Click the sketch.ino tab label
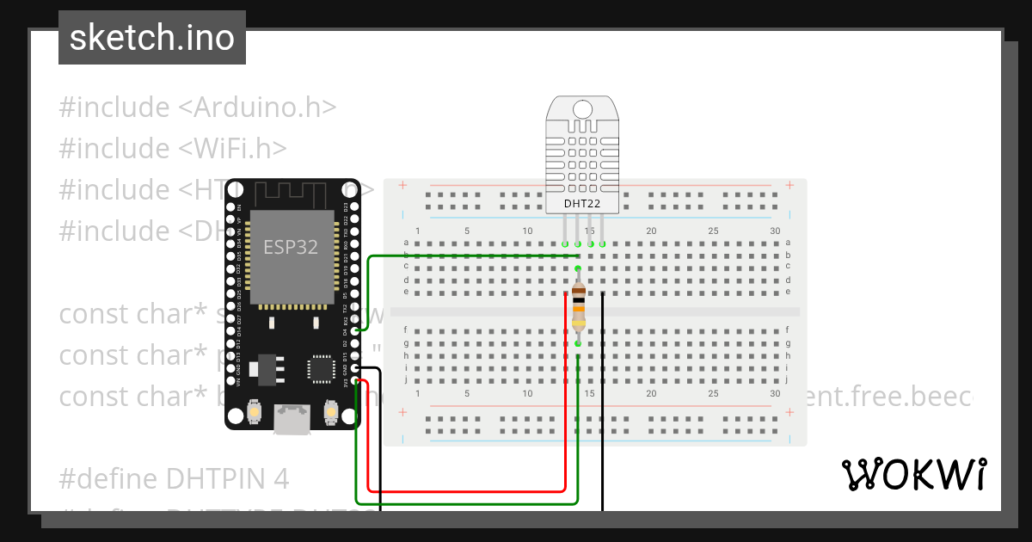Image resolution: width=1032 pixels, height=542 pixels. tap(151, 38)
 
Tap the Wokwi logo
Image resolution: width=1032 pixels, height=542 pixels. tap(913, 474)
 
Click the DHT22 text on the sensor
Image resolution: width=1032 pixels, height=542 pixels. tap(582, 204)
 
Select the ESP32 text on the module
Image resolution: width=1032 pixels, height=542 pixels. tap(290, 248)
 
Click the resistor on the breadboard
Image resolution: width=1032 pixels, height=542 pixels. tap(578, 306)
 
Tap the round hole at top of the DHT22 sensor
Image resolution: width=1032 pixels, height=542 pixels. tap(582, 108)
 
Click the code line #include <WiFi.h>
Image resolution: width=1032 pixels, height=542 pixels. tap(172, 149)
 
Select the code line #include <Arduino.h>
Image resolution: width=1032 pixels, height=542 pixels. tap(197, 108)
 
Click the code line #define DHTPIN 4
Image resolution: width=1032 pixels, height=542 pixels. tap(174, 478)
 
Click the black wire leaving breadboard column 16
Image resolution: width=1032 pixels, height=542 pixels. tap(603, 404)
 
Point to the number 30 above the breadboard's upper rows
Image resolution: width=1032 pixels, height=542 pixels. tap(775, 231)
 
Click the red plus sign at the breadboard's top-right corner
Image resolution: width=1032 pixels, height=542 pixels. tap(789, 185)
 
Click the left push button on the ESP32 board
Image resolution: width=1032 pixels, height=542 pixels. tap(254, 413)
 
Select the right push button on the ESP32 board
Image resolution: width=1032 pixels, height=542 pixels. tap(330, 413)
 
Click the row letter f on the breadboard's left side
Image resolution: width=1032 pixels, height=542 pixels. tap(406, 330)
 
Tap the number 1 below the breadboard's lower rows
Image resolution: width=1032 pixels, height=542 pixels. tap(418, 393)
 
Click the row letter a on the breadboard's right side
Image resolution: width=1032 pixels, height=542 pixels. tap(787, 243)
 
